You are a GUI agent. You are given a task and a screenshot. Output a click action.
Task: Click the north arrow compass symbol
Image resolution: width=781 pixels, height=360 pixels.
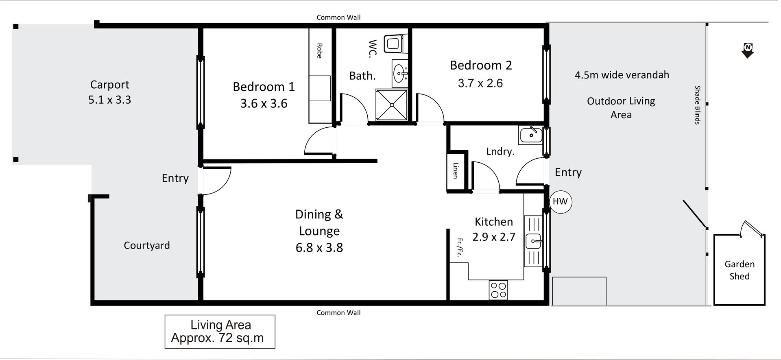[748, 50]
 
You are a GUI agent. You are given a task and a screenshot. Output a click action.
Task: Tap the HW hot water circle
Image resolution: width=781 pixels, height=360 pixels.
[560, 201]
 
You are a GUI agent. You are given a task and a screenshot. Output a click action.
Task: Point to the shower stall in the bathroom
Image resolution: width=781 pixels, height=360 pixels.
[392, 105]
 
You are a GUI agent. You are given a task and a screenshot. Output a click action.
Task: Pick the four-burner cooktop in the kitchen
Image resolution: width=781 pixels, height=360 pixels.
[499, 290]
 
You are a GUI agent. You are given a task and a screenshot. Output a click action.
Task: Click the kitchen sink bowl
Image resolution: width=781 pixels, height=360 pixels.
[533, 241]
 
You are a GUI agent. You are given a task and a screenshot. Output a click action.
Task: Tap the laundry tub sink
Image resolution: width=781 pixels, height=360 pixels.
[530, 135]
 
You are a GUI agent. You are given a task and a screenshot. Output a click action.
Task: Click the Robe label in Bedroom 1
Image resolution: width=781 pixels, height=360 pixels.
[319, 51]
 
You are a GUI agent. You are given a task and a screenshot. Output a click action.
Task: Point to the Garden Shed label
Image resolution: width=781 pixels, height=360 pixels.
[740, 270]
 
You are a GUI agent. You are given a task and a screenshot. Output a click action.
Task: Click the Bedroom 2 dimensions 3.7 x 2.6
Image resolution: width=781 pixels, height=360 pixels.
[480, 83]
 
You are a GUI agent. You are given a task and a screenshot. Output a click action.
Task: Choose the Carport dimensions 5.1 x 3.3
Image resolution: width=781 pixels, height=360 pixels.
[110, 100]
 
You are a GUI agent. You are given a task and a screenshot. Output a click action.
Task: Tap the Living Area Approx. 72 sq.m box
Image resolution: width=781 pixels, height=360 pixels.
[220, 332]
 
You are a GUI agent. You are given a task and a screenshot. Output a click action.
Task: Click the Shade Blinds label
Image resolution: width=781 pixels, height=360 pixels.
[697, 105]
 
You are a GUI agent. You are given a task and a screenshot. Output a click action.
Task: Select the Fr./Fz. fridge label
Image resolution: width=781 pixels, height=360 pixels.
[460, 248]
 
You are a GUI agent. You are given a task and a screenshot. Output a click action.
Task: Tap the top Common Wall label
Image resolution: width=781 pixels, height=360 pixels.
[338, 17]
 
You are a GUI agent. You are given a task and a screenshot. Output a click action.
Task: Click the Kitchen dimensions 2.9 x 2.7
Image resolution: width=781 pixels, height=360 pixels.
[494, 237]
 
